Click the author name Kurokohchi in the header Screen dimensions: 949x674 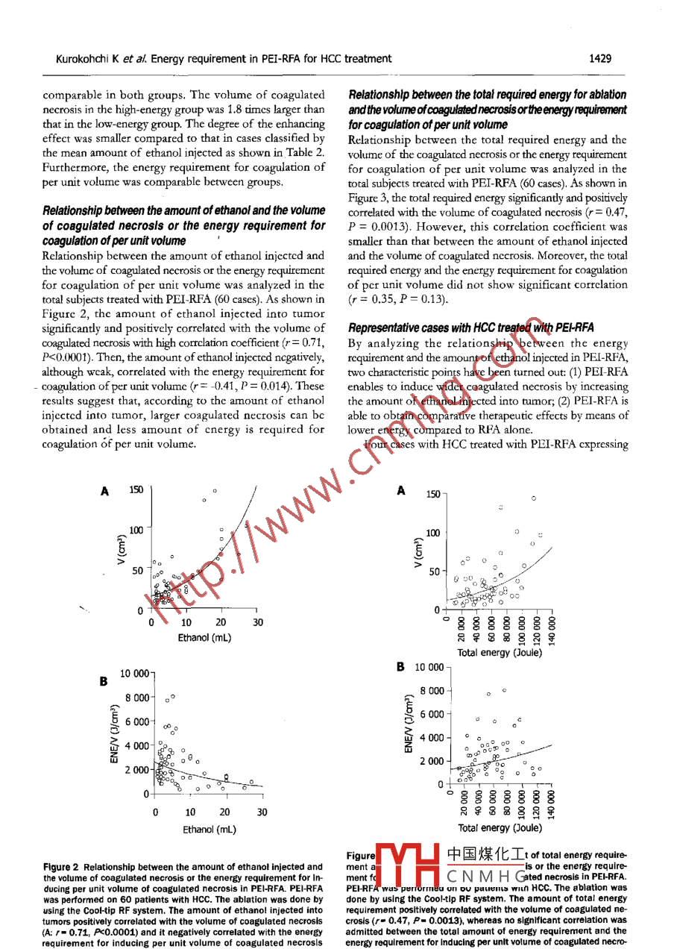pos(84,58)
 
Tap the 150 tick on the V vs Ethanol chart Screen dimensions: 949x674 pos(136,489)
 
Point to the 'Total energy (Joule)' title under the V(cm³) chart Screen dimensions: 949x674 pos(500,651)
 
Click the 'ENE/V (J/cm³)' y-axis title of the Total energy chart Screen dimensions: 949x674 pos(408,724)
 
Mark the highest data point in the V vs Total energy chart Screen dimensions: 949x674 pos(533,498)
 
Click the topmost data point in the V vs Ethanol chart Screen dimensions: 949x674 pos(215,490)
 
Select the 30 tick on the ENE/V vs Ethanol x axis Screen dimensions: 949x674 pos(262,812)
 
